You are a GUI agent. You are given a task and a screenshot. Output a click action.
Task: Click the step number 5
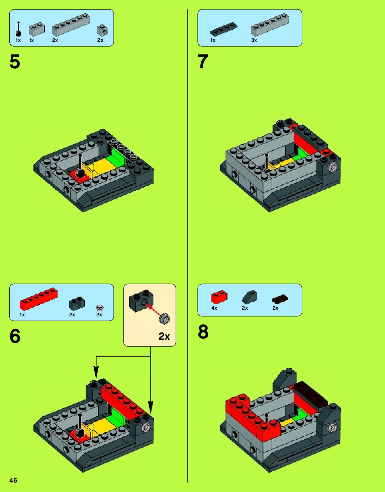tap(15, 62)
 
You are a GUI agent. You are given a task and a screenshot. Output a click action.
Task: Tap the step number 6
tap(15, 336)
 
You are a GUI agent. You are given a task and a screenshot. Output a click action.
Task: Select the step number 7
tap(203, 62)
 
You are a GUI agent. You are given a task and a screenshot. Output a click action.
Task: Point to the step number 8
tap(203, 332)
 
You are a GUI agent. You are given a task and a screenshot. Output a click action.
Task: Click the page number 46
tap(13, 480)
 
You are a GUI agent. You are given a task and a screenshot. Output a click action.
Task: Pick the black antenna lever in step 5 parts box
tap(18, 29)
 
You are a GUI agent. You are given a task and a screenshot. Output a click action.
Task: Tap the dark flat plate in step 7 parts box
tap(224, 29)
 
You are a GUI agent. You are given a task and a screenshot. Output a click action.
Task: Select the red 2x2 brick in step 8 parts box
tap(219, 297)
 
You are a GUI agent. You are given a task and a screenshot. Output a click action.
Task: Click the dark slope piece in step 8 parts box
tap(250, 297)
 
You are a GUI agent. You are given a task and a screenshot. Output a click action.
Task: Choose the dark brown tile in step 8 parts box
tap(280, 299)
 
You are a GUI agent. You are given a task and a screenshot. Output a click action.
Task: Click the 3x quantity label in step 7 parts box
tap(254, 40)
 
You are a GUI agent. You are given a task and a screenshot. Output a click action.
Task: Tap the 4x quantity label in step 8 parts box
tap(214, 308)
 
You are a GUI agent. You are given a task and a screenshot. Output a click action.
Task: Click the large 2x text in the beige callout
tap(164, 336)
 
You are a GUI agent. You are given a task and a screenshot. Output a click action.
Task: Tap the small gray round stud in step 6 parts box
tap(99, 307)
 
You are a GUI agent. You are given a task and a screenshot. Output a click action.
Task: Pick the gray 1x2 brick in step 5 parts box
tap(36, 29)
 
